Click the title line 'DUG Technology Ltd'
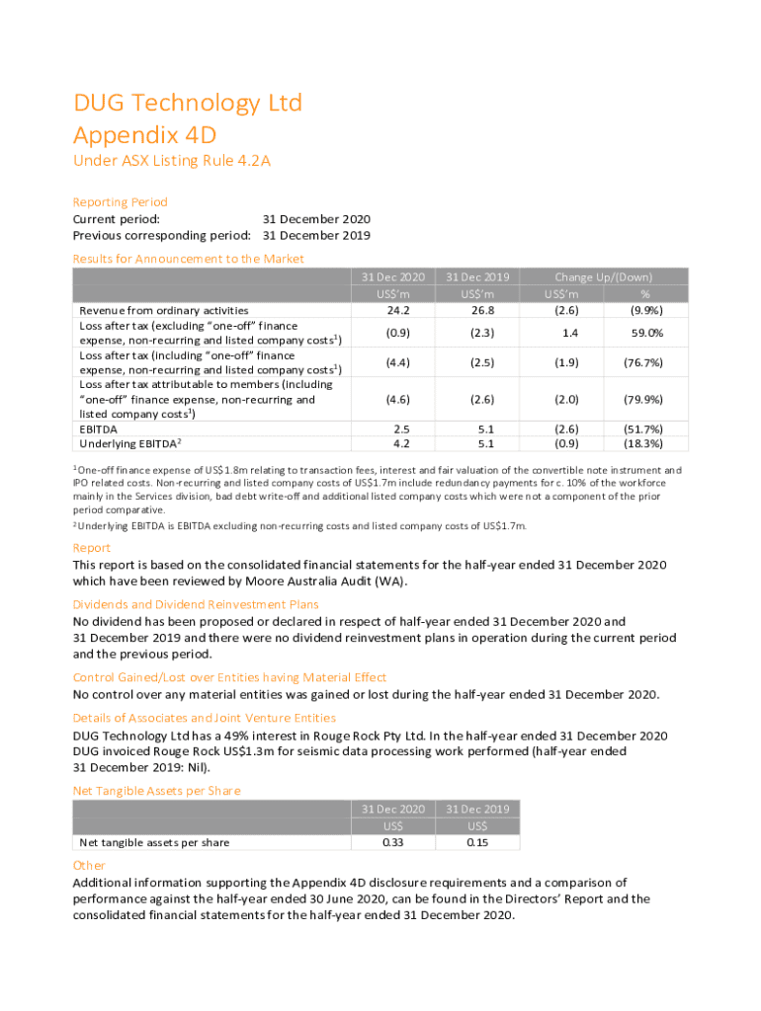[188, 104]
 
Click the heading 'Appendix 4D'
[144, 135]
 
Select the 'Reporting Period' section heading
[121, 201]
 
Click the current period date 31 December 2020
[316, 219]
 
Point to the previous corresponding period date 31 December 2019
[316, 236]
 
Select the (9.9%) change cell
[645, 310]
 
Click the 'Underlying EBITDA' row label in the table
[129, 444]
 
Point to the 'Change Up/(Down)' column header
[603, 277]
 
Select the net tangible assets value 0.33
[393, 842]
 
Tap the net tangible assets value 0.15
[477, 842]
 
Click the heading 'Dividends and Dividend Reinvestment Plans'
[196, 604]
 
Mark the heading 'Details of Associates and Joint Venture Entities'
[205, 718]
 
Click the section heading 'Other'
[89, 865]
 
